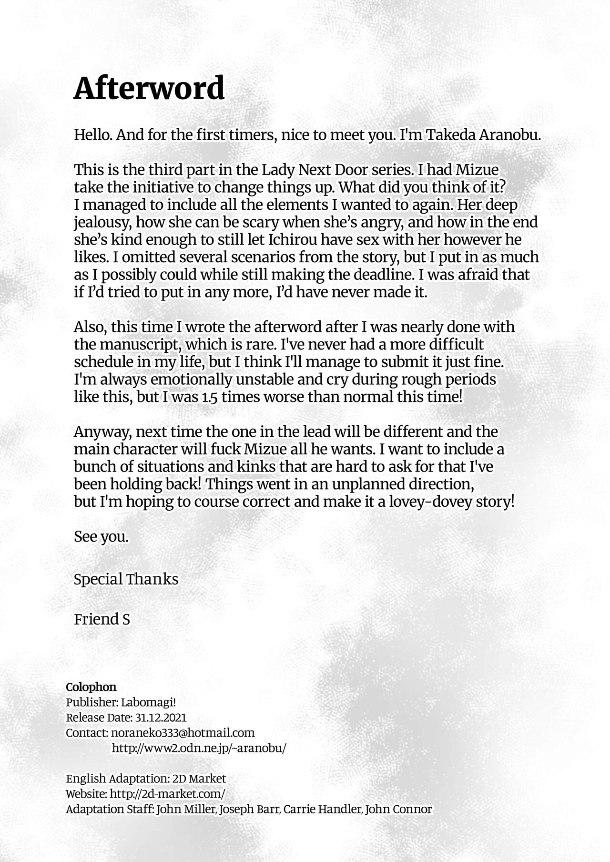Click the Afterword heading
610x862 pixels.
point(149,89)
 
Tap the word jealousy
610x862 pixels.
point(100,222)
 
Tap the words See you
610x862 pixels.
point(102,537)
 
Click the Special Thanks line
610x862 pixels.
point(126,579)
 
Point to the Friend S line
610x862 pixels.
point(102,619)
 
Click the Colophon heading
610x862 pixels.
point(91,687)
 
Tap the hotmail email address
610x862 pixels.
point(183,733)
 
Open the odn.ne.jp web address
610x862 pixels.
point(199,749)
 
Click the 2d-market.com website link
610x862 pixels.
point(167,794)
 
